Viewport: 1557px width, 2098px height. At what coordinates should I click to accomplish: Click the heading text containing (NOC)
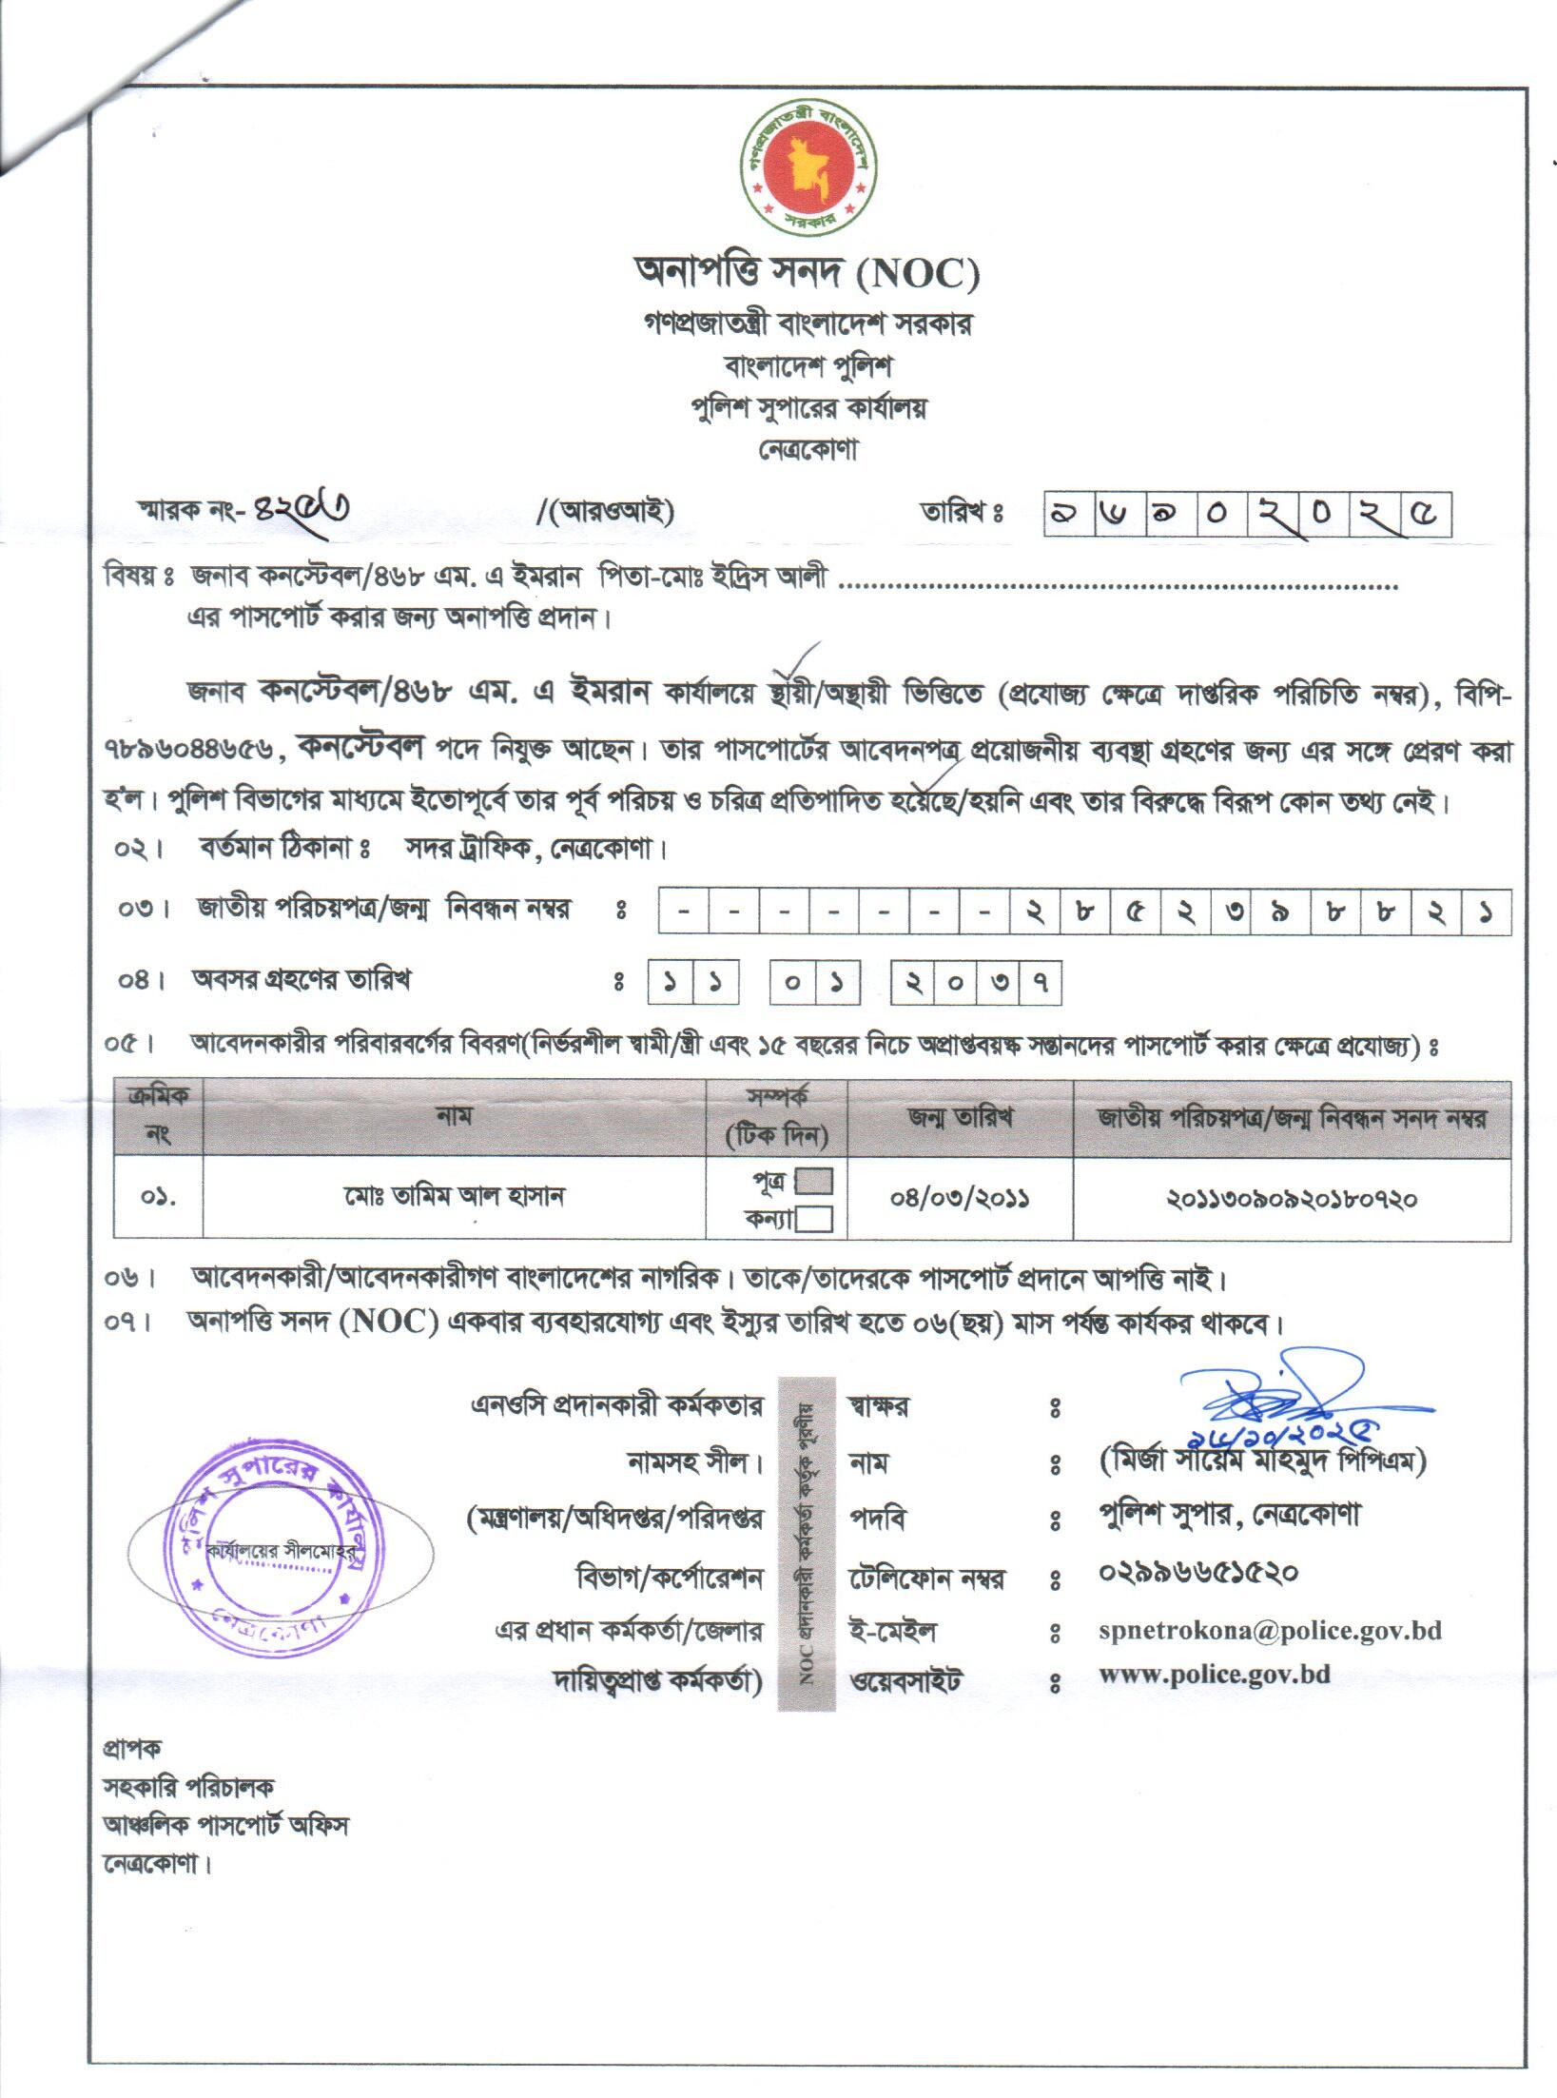[808, 275]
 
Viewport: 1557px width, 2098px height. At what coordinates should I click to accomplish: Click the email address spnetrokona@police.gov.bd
[1270, 1630]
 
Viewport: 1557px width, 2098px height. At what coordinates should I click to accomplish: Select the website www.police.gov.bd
[1214, 1675]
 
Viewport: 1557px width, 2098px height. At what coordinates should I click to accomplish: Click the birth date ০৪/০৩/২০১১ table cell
[960, 1197]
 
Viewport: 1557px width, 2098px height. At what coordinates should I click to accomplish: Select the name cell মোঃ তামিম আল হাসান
[455, 1197]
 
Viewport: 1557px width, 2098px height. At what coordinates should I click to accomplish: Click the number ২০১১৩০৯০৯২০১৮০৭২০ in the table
[1292, 1199]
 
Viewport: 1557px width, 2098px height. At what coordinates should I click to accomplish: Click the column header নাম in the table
[455, 1116]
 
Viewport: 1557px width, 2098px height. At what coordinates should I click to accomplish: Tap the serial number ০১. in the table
[158, 1197]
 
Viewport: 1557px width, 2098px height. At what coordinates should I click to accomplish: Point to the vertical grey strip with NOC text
[807, 1543]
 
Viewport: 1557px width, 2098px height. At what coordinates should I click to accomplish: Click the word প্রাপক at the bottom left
[132, 1748]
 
